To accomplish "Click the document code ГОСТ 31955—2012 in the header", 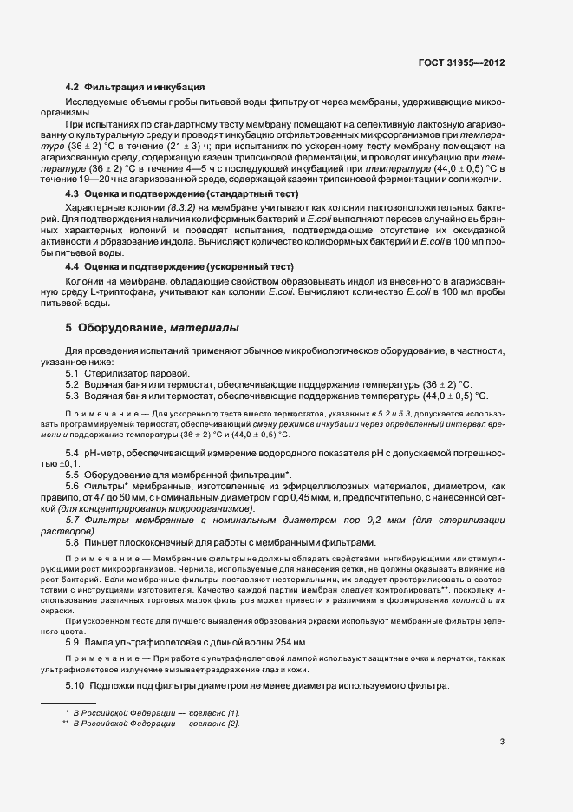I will (462, 63).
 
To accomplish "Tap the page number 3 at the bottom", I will (503, 742).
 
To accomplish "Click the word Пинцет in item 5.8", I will (101, 541).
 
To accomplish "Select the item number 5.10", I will (75, 687).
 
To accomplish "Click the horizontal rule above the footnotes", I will (68, 702).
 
